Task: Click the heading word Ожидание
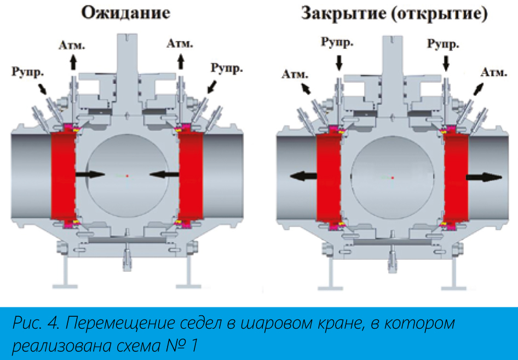[x=125, y=13]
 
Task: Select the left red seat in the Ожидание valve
[x=64, y=176]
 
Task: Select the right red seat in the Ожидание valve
[x=191, y=176]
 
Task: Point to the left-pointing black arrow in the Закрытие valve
[x=304, y=176]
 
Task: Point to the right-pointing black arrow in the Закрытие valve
[x=484, y=177]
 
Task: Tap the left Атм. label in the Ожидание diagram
[x=72, y=45]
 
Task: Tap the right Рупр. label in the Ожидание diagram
[x=227, y=68]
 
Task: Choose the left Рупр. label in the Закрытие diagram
[x=337, y=43]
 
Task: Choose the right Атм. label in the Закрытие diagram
[x=494, y=72]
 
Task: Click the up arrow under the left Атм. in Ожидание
[x=73, y=62]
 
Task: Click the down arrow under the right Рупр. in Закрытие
[x=446, y=63]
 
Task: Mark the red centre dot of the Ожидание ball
[x=127, y=176]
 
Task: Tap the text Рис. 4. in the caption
[x=36, y=323]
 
